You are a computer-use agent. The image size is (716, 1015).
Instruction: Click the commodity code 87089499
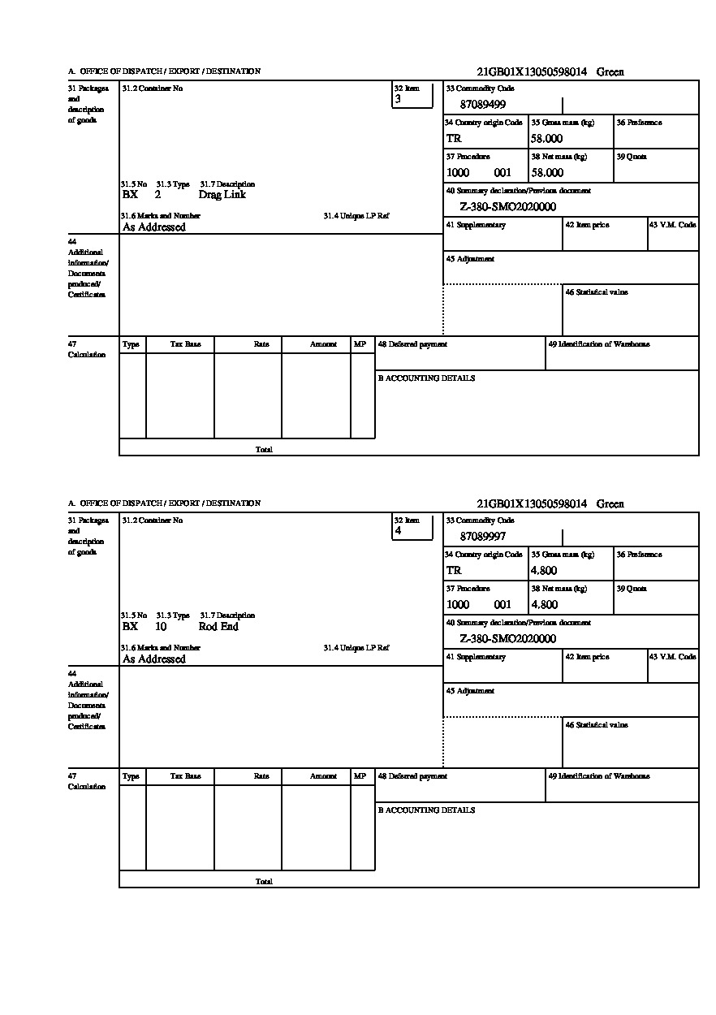[483, 105]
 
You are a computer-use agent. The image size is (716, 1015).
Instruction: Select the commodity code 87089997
[483, 537]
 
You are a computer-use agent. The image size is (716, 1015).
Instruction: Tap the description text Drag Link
[222, 195]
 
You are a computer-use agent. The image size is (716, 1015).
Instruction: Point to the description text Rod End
[218, 627]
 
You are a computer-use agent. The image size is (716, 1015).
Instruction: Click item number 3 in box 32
[398, 99]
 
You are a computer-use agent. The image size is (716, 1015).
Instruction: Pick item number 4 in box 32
[398, 531]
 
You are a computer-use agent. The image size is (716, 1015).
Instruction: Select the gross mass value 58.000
[547, 139]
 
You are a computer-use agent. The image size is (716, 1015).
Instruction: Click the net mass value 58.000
[547, 173]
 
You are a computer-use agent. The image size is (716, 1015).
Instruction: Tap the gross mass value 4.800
[544, 571]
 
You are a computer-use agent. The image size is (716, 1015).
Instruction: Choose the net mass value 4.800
[544, 605]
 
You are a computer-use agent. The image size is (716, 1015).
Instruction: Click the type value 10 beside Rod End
[161, 627]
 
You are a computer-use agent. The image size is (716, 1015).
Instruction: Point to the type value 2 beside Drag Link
[157, 195]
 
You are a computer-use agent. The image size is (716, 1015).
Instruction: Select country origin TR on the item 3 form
[454, 139]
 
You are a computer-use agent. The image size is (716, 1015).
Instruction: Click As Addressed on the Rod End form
[154, 659]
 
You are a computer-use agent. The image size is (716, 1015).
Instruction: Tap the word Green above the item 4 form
[610, 504]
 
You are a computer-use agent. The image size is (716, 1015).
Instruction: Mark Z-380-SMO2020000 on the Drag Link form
[507, 207]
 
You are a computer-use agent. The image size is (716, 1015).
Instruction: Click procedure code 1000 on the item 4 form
[458, 605]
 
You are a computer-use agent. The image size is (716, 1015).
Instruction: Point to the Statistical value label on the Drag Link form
[596, 292]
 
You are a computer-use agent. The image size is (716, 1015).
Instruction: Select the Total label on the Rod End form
[264, 882]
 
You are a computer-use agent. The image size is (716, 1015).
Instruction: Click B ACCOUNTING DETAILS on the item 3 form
[426, 378]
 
